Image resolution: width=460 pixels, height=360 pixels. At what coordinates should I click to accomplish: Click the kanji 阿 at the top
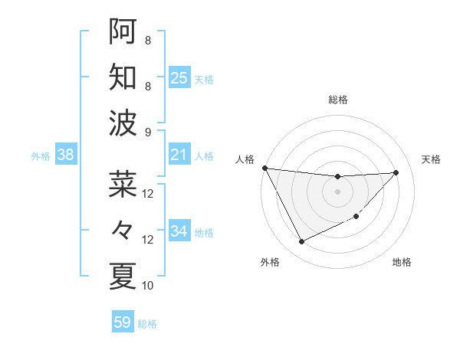123,31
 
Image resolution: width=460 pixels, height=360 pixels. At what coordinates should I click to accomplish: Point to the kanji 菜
123,184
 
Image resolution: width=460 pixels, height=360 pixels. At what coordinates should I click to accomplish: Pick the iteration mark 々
123,229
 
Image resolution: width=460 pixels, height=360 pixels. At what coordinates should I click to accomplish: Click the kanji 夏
123,275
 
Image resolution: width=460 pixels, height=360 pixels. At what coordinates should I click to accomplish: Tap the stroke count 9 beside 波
148,132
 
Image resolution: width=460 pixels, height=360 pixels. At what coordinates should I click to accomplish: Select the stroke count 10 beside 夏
148,286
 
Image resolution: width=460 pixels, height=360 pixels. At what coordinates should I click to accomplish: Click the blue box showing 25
179,78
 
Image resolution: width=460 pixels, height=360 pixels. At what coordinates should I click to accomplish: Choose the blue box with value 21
179,155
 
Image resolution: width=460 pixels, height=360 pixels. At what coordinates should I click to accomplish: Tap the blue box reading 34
179,231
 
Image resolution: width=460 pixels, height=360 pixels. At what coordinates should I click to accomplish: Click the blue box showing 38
66,155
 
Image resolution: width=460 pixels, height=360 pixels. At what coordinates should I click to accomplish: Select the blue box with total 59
122,322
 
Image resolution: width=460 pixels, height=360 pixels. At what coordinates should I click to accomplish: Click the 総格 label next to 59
148,324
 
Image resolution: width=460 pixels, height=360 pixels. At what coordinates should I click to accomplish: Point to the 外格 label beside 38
41,156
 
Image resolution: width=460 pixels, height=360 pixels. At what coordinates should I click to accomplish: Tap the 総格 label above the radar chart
337,100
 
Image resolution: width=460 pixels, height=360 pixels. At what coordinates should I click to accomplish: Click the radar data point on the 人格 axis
264,168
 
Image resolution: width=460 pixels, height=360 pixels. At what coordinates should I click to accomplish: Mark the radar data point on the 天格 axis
396,172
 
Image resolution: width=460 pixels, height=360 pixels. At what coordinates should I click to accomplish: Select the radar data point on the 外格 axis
301,242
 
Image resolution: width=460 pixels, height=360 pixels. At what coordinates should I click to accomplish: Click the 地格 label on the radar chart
402,262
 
